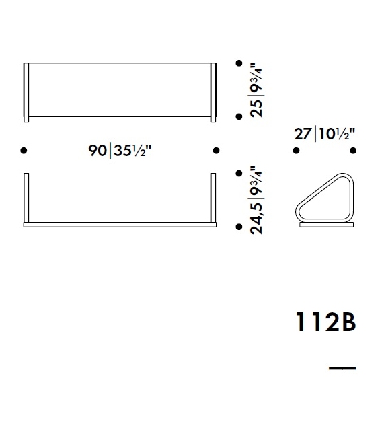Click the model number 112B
coord(325,323)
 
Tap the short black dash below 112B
coord(342,367)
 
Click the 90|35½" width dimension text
coord(120,151)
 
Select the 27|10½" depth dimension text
coord(324,135)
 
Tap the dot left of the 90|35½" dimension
coord(24,151)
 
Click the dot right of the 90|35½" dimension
coord(216,151)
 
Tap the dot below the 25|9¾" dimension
coord(239,117)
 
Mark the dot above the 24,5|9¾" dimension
coord(239,174)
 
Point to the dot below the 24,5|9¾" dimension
coord(239,227)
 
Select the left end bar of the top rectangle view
coord(26,93)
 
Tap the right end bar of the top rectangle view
coord(214,93)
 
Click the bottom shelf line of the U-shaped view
coord(120,220)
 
